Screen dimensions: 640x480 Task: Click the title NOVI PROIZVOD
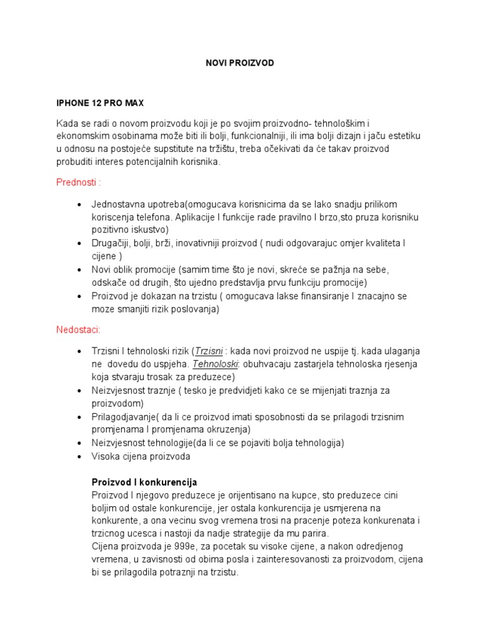point(240,64)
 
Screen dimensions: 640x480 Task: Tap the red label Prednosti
point(79,182)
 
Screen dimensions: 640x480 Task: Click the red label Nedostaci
point(79,329)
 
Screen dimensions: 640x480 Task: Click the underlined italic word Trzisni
point(209,351)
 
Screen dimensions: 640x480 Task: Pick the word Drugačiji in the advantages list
point(113,242)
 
